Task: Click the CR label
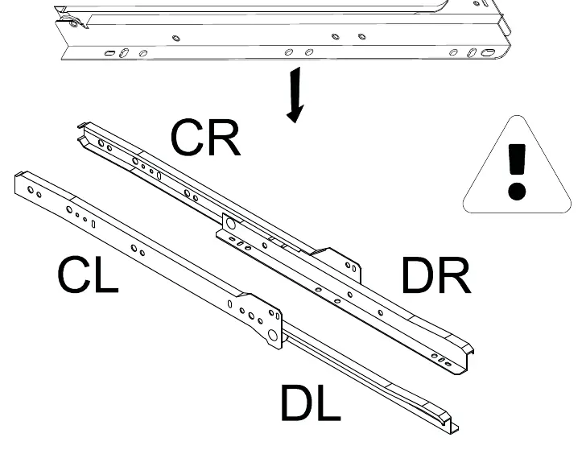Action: coord(205,137)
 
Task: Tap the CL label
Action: coord(89,274)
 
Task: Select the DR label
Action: coord(436,275)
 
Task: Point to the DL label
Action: coord(311,403)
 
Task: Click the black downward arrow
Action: coord(296,95)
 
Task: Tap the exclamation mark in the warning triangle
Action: coord(517,171)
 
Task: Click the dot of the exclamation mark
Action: coord(517,191)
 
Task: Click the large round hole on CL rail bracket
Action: coord(273,335)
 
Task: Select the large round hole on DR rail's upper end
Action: coord(231,224)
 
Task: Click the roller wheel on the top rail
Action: coord(72,23)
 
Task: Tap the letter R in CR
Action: coord(225,138)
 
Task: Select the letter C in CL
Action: coord(73,274)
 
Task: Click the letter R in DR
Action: coord(455,275)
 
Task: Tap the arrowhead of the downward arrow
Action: coord(295,114)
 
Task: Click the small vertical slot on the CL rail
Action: coord(93,224)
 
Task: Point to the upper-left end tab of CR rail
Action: coord(84,126)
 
